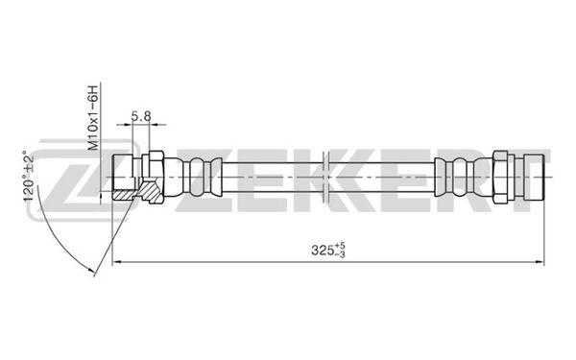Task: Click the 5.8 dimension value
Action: click(141, 116)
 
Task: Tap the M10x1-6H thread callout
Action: click(94, 117)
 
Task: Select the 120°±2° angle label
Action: click(29, 176)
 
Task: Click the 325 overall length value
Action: click(322, 251)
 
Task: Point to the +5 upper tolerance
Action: click(340, 246)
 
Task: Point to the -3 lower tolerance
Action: click(340, 253)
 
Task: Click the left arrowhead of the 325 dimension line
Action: click(116, 261)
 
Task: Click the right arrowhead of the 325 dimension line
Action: click(540, 261)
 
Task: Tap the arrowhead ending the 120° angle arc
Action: click(94, 273)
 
